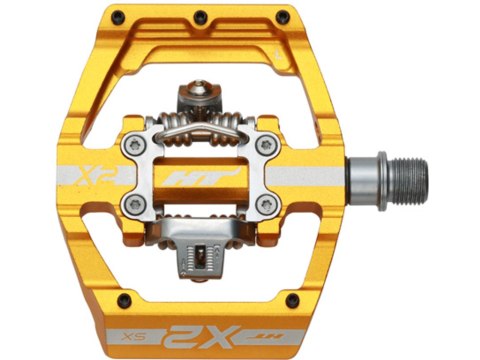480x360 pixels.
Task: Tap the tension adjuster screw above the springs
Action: click(209, 91)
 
